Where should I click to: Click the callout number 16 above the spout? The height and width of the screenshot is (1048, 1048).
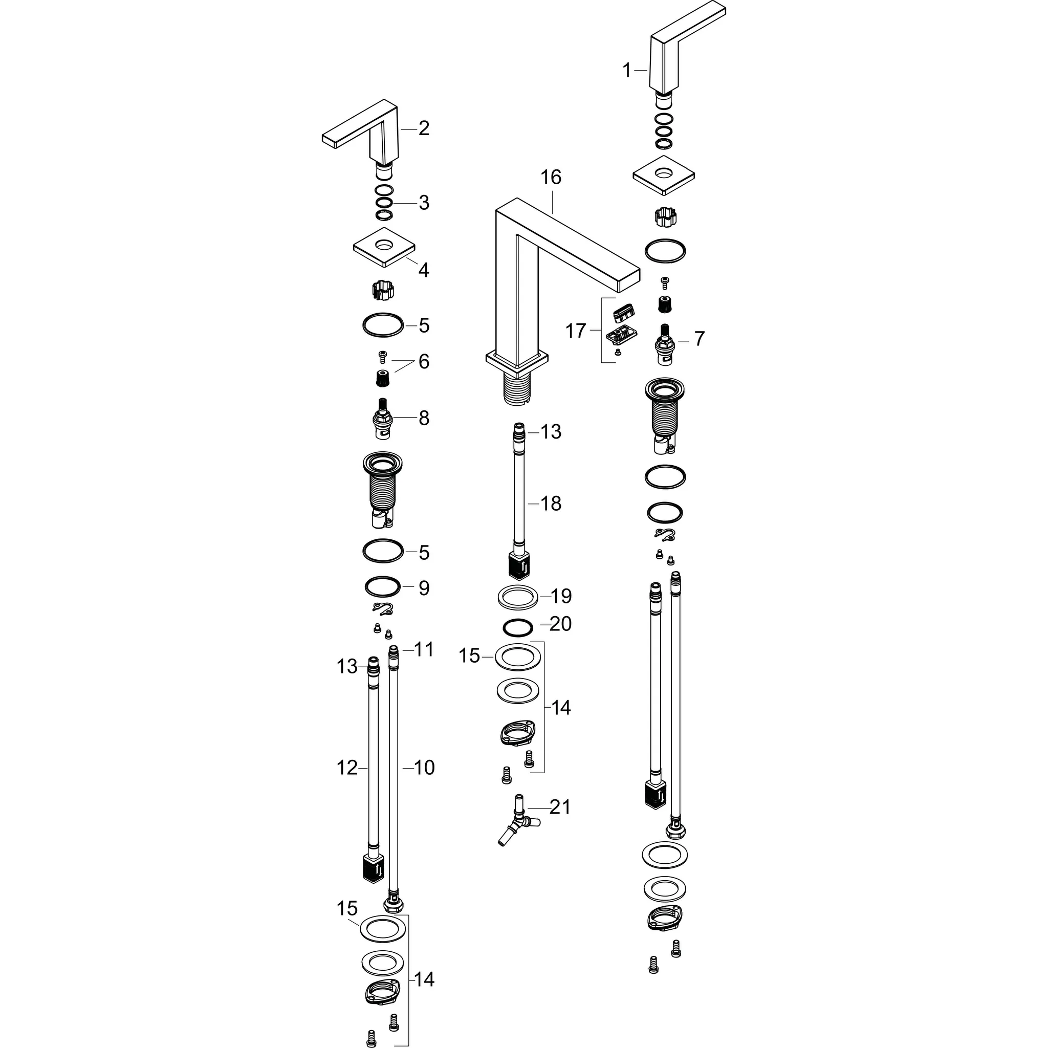pyautogui.click(x=551, y=178)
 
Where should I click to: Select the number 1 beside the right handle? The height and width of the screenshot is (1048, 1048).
pyautogui.click(x=627, y=71)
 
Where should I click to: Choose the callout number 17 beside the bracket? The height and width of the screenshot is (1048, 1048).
pyautogui.click(x=576, y=331)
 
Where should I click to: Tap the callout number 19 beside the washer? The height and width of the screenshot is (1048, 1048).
pyautogui.click(x=561, y=596)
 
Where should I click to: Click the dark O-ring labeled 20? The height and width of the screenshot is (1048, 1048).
pyautogui.click(x=518, y=628)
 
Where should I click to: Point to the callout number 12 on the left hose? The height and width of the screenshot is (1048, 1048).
pyautogui.click(x=347, y=768)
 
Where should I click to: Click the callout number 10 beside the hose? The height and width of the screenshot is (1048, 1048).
pyautogui.click(x=424, y=768)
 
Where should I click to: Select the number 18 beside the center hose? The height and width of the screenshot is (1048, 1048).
pyautogui.click(x=551, y=504)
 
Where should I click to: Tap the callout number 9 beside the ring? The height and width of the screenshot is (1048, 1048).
pyautogui.click(x=424, y=587)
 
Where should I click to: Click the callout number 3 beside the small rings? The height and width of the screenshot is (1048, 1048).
pyautogui.click(x=424, y=202)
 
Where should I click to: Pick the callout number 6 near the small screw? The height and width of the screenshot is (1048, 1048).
pyautogui.click(x=424, y=361)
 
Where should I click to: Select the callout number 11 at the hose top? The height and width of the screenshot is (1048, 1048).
pyautogui.click(x=424, y=649)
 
